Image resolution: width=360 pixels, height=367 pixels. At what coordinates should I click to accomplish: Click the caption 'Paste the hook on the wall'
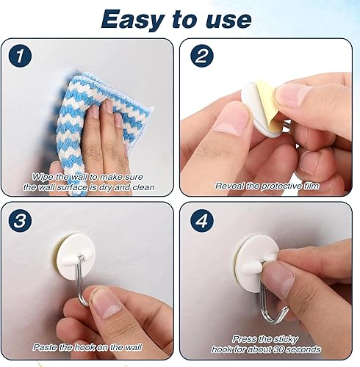89,346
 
